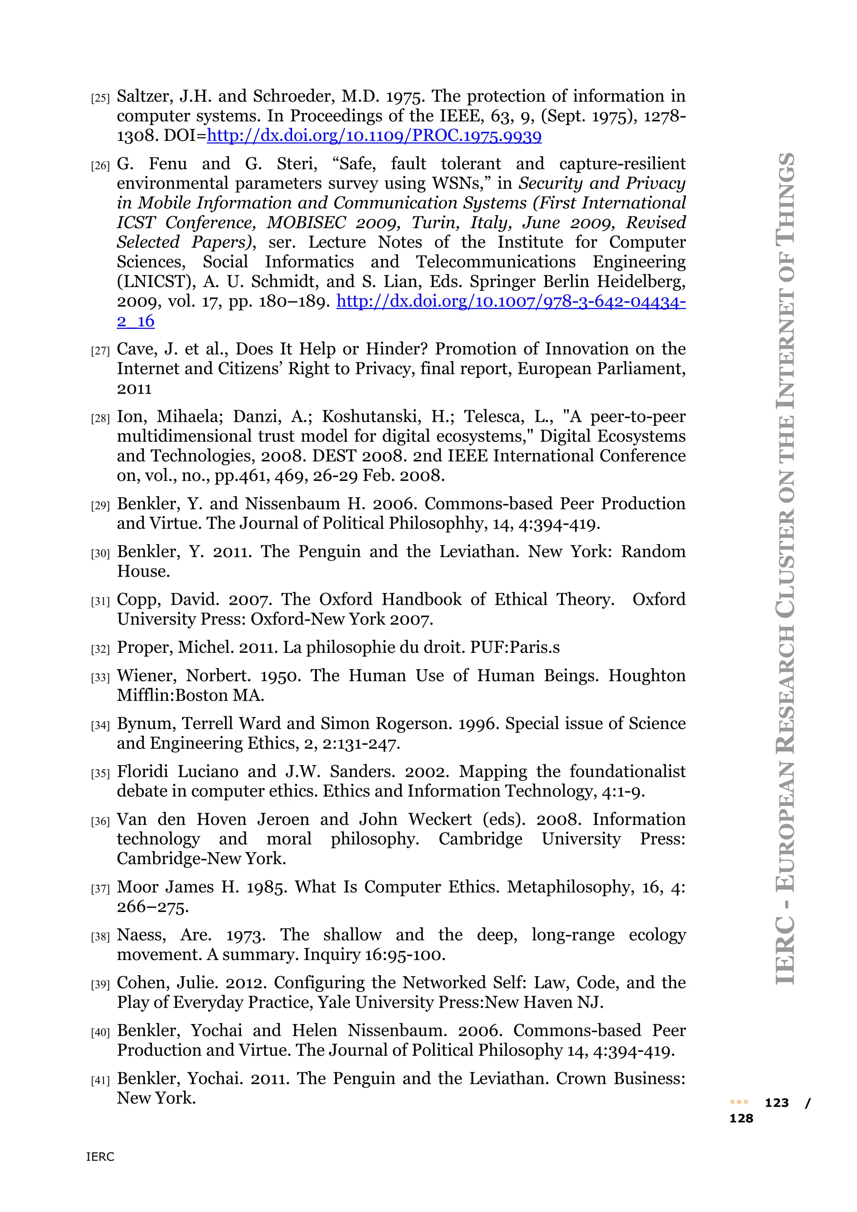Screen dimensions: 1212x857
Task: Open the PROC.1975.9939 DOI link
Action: pos(374,136)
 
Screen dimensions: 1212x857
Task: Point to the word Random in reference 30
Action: pos(653,552)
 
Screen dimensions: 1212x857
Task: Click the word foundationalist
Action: pos(627,772)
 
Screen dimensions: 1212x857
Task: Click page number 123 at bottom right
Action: pos(776,1103)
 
